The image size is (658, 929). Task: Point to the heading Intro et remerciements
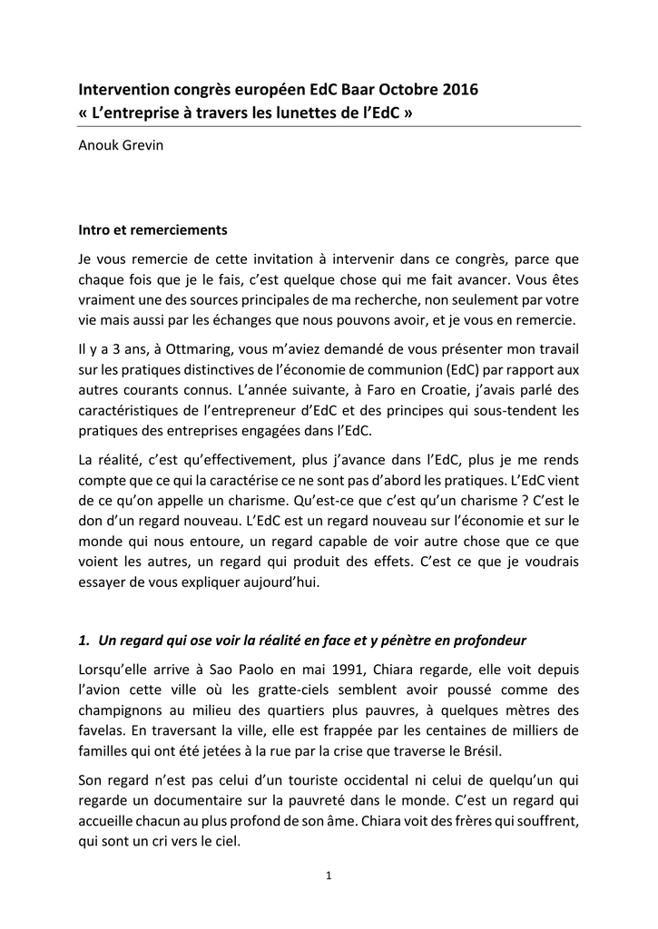pyautogui.click(x=152, y=230)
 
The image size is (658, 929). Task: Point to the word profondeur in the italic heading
pyautogui.click(x=493, y=641)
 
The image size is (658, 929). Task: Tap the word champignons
pyautogui.click(x=123, y=709)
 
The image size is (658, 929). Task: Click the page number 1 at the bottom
pyautogui.click(x=329, y=875)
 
